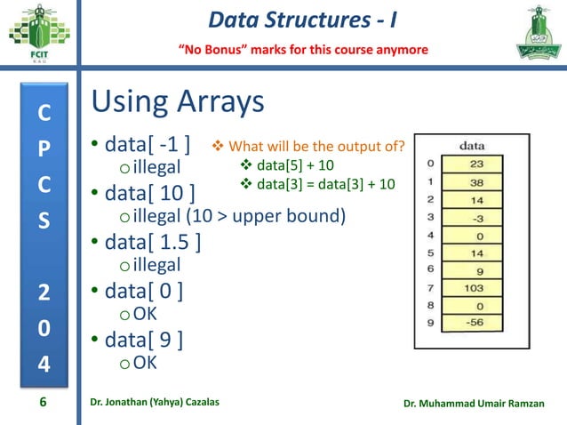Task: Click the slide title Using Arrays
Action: click(178, 102)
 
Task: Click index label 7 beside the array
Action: click(430, 287)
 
